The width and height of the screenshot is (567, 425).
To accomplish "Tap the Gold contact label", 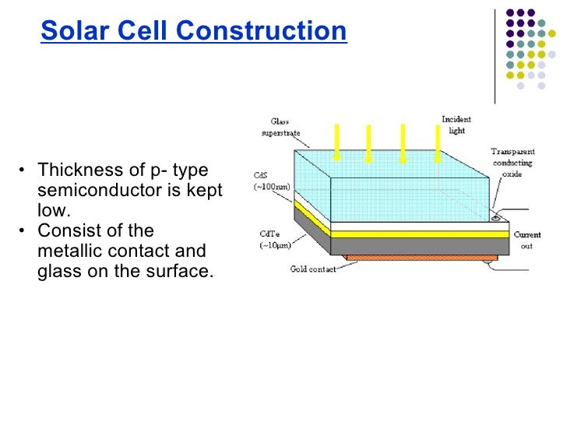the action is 312,269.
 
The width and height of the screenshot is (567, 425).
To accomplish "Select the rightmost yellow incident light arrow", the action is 434,143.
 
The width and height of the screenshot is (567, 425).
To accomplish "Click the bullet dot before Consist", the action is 25,231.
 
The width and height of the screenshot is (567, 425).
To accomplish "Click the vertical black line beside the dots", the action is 495,55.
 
